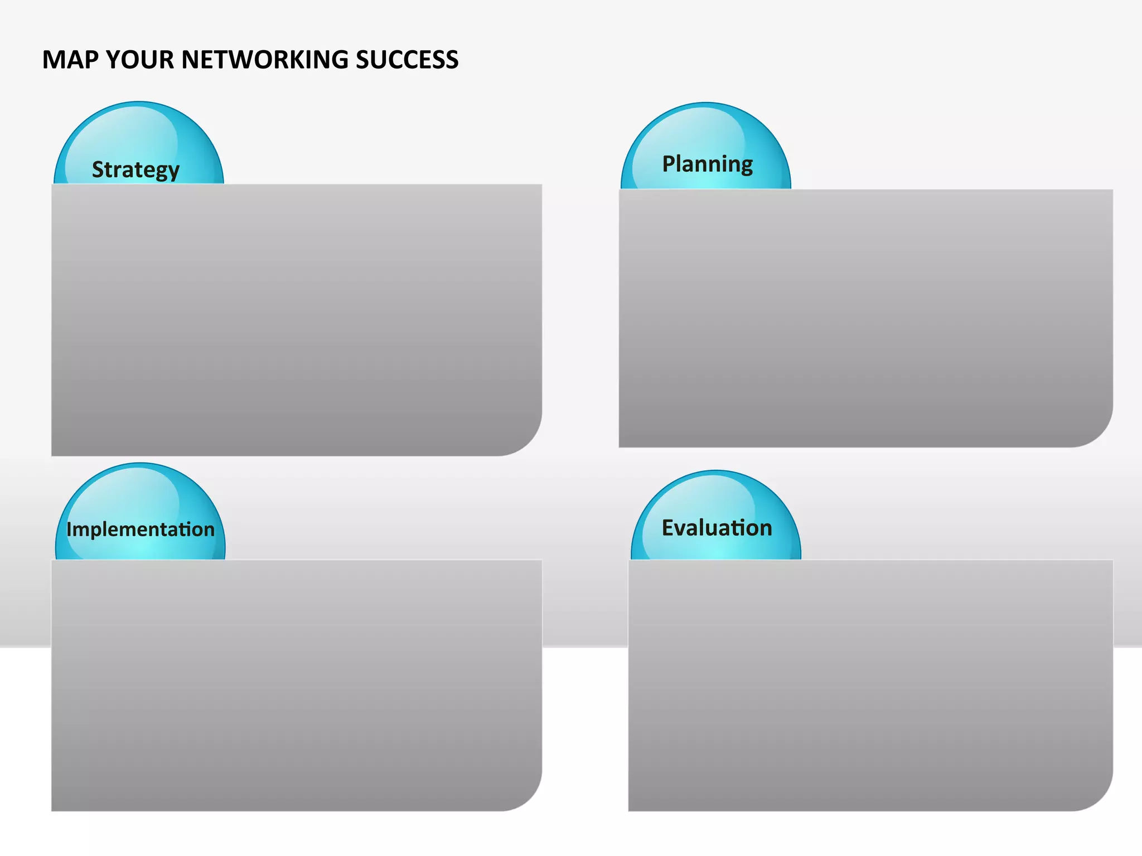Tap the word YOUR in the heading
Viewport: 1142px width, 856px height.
pos(139,60)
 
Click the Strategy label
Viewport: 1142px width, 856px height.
pos(136,169)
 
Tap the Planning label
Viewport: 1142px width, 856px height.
pos(707,164)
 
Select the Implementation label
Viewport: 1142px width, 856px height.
pos(141,529)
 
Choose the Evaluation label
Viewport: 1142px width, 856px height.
pos(717,528)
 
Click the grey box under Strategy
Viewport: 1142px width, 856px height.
pos(296,320)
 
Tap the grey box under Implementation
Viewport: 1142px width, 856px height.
pos(296,685)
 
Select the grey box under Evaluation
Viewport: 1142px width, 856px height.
pos(870,685)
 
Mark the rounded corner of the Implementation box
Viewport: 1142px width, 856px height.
pos(528,796)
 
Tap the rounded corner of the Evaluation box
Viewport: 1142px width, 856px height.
pos(1099,796)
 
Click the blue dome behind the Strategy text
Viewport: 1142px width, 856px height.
pos(139,128)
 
